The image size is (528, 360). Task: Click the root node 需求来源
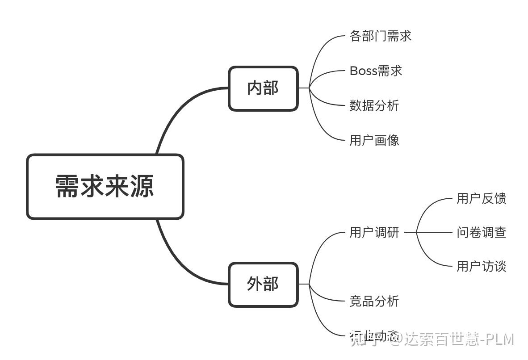click(x=105, y=187)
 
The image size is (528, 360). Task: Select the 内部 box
click(x=263, y=88)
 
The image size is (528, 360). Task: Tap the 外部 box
click(x=263, y=285)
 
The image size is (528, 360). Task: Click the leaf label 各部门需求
click(x=380, y=36)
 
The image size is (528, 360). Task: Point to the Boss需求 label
click(x=376, y=71)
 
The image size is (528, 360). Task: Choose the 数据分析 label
click(x=374, y=106)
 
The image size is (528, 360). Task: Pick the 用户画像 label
click(x=374, y=141)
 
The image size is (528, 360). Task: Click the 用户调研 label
click(x=374, y=233)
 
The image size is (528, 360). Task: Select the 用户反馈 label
click(x=481, y=199)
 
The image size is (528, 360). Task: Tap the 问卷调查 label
click(x=481, y=233)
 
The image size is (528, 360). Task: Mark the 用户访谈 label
click(x=481, y=267)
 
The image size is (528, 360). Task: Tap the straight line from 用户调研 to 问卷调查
click(x=433, y=232)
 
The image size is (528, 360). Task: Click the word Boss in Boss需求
click(x=363, y=71)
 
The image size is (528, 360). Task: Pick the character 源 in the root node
click(x=142, y=187)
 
